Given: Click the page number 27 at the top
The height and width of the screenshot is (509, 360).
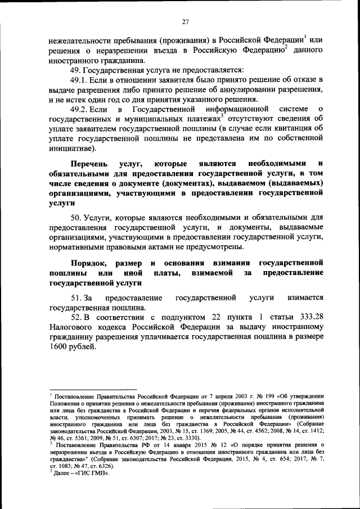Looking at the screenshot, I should [x=184, y=22].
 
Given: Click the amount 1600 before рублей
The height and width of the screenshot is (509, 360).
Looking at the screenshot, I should [x=59, y=347].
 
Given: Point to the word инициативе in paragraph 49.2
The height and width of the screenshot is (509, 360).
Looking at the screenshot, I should [x=71, y=148].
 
